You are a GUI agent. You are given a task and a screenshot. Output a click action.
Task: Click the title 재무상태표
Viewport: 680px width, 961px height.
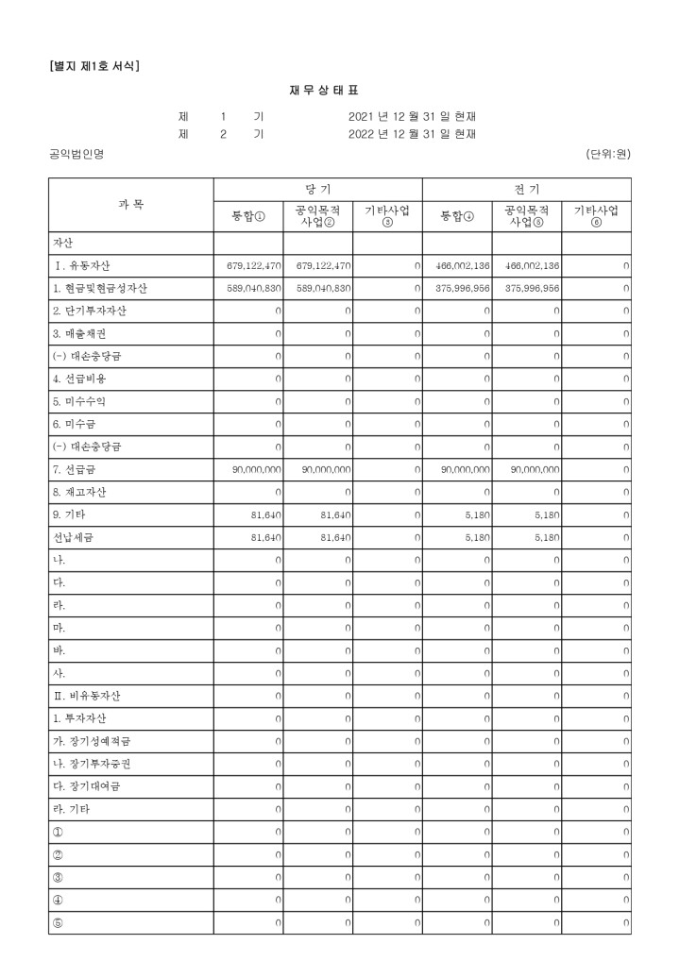pyautogui.click(x=324, y=91)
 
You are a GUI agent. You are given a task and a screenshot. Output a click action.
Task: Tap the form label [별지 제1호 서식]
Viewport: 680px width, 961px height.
pyautogui.click(x=94, y=65)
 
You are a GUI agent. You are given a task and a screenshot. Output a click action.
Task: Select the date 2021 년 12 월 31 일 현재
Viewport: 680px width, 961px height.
pyautogui.click(x=412, y=116)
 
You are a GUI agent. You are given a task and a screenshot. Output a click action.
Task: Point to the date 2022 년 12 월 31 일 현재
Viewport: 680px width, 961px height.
pyautogui.click(x=412, y=134)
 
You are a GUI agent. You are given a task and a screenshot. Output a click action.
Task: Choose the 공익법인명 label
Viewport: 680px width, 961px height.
pyautogui.click(x=76, y=154)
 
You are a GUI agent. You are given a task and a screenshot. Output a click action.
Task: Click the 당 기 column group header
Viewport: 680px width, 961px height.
pyautogui.click(x=317, y=190)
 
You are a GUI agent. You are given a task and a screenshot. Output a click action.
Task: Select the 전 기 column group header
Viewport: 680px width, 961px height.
pyautogui.click(x=527, y=190)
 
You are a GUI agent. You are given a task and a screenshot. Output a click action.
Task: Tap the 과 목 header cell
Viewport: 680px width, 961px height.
pyautogui.click(x=131, y=204)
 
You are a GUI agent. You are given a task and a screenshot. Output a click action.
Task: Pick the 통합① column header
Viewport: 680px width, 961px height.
pyautogui.click(x=248, y=216)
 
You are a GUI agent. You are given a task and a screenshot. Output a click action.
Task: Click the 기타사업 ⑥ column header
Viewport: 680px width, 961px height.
pyautogui.click(x=597, y=216)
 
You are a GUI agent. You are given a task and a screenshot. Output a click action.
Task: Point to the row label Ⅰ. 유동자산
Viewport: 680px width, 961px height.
pyautogui.click(x=88, y=266)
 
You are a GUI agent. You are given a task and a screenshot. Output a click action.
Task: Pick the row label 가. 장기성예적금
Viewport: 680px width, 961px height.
pyautogui.click(x=92, y=741)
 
